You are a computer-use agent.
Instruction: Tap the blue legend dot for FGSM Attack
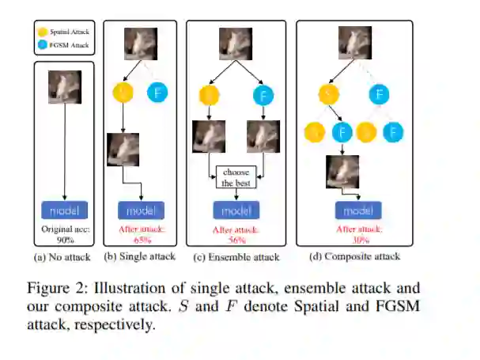[x=37, y=45]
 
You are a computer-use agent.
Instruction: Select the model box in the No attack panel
[x=64, y=210]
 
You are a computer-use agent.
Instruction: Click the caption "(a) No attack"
[x=63, y=256]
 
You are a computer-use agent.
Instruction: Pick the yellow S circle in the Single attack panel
[x=124, y=93]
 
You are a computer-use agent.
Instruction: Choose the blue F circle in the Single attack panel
[x=157, y=93]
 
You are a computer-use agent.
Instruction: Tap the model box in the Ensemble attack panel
[x=236, y=210]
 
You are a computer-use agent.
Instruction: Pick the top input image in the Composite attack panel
[x=354, y=44]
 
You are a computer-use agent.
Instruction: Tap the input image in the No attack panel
[x=63, y=88]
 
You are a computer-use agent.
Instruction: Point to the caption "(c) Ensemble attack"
[x=236, y=256]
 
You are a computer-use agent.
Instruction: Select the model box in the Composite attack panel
[x=358, y=210]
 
